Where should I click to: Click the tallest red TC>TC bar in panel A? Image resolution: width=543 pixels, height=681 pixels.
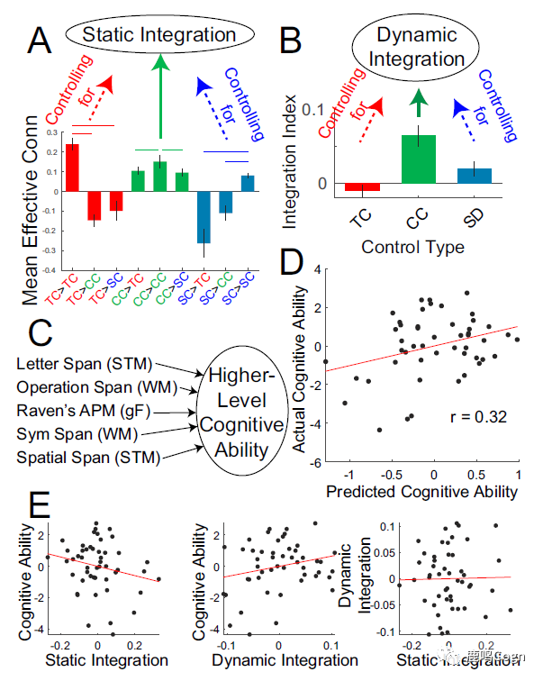(72, 168)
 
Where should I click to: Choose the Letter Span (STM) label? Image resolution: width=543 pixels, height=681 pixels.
(86, 364)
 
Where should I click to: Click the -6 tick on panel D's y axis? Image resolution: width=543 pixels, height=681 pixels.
(316, 463)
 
